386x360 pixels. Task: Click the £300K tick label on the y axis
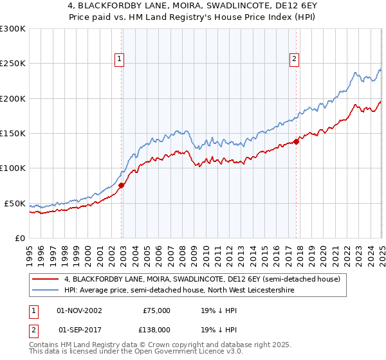coord(13,29)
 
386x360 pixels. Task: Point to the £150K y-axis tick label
coord(13,134)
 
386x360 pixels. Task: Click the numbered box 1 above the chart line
coord(120,59)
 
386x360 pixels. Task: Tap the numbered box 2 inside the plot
coord(294,59)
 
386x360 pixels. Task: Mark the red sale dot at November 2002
coord(122,186)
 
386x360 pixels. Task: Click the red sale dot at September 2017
coord(296,141)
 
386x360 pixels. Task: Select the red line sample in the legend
coord(46,279)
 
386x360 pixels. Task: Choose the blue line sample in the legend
coord(46,290)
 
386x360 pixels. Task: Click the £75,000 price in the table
coord(156,310)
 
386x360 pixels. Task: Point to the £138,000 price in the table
coord(156,329)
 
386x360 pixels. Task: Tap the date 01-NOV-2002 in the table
coord(79,310)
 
